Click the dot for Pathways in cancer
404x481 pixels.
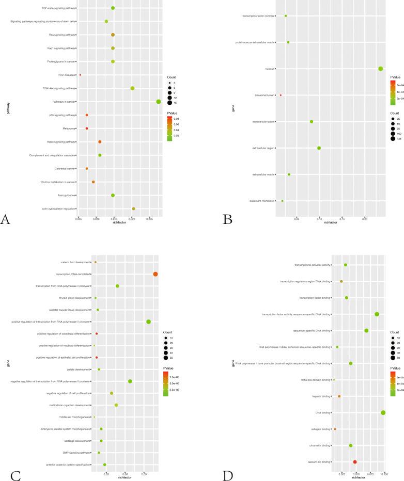[x=159, y=102]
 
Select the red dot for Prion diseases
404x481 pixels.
[x=80, y=75]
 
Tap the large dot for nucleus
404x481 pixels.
[x=381, y=69]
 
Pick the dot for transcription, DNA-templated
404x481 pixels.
[x=156, y=274]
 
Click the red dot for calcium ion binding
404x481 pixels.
[x=355, y=462]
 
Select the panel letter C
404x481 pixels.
[x=15, y=474]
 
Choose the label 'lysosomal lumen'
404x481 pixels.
[x=264, y=95]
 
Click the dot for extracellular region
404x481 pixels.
[x=319, y=148]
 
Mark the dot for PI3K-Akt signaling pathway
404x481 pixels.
[x=132, y=88]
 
